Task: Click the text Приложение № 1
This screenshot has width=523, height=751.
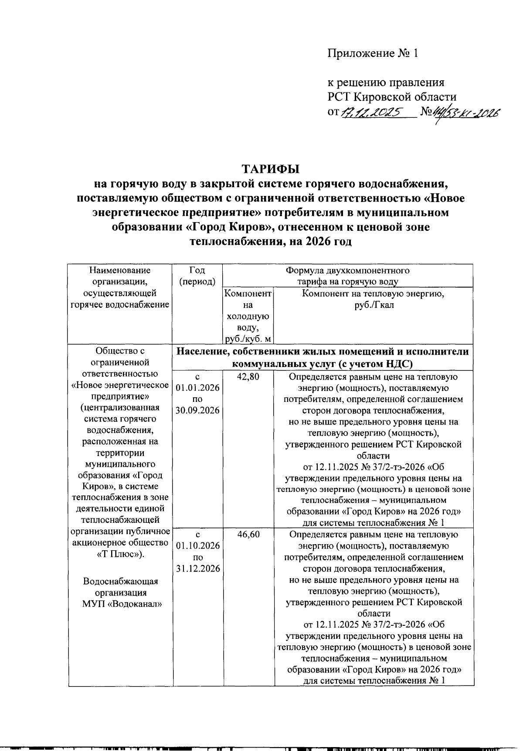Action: (x=373, y=53)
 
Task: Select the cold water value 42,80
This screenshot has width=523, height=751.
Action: (x=248, y=377)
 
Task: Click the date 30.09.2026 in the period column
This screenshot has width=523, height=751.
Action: (x=197, y=411)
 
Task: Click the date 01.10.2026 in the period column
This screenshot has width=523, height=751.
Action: (x=197, y=546)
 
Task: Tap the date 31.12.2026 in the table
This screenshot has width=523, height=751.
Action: (x=197, y=569)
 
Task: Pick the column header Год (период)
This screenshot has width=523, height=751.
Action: (x=197, y=276)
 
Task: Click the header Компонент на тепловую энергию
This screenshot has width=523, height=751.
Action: (x=373, y=294)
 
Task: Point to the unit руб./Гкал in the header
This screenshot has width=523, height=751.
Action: (x=374, y=305)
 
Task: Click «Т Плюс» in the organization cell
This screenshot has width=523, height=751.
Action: (x=120, y=554)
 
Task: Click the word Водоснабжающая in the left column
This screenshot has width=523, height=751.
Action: (x=120, y=582)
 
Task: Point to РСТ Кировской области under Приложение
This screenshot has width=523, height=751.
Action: (x=392, y=97)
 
